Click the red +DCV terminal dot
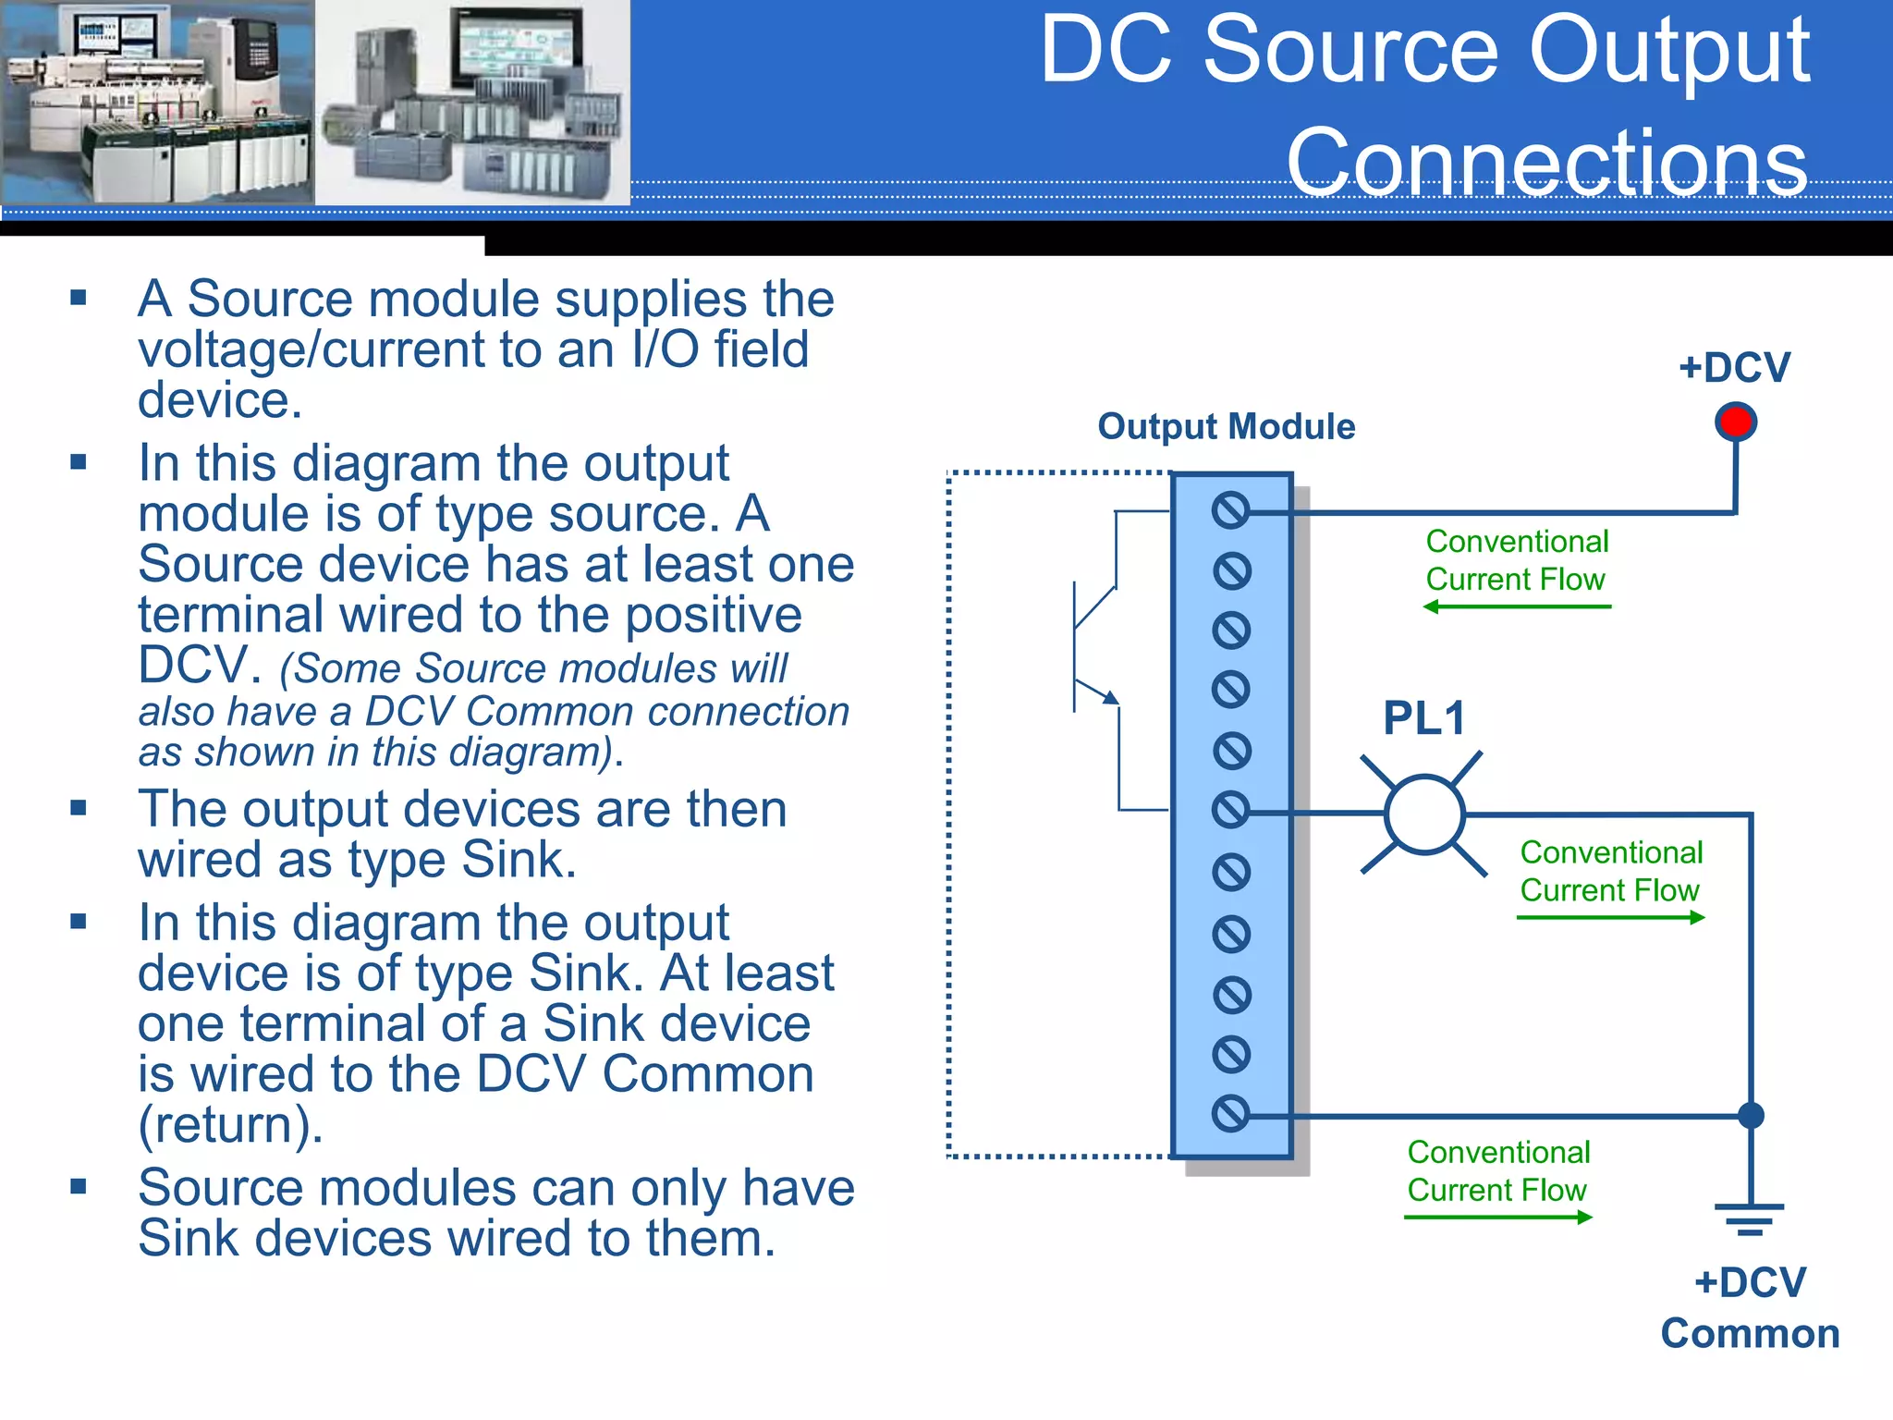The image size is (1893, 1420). tap(1735, 422)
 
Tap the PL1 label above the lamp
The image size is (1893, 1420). tap(1423, 718)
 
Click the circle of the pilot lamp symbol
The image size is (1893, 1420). tap(1424, 814)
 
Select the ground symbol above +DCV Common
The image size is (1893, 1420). tap(1750, 1218)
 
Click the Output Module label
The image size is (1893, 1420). tap(1226, 427)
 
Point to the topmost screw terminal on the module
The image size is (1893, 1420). tap(1230, 510)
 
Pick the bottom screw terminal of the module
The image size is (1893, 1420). tap(1230, 1114)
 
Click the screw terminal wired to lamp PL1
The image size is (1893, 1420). tap(1230, 811)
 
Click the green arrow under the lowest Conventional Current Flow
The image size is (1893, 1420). tap(1498, 1218)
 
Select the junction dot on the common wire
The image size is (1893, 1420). tap(1751, 1116)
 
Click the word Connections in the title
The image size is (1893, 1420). tap(1546, 163)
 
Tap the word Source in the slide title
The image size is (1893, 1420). tap(1360, 51)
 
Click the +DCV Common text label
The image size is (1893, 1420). tap(1750, 1308)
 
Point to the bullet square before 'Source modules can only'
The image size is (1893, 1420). tap(79, 1186)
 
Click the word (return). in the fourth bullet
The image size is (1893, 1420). tap(230, 1125)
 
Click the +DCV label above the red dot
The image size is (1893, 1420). tap(1734, 367)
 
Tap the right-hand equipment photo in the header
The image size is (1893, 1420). tap(472, 102)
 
